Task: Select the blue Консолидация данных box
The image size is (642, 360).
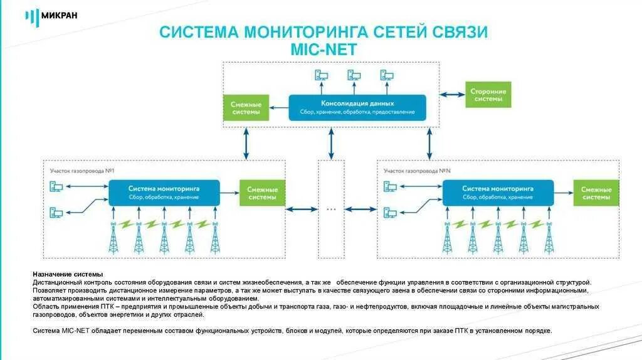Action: tap(357, 107)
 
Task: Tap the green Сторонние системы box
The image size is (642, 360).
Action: tap(488, 95)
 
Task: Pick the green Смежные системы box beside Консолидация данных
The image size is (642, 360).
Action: tap(246, 108)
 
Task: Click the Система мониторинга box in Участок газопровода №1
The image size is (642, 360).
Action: tap(164, 193)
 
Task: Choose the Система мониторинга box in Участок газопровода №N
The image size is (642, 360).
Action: tap(498, 193)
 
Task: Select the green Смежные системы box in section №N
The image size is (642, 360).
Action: tap(596, 193)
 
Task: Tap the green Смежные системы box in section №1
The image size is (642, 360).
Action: tap(262, 193)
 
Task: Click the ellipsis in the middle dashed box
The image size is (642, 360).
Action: tap(331, 209)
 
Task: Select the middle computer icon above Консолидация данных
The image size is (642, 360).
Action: tap(354, 76)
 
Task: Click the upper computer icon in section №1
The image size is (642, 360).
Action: tap(56, 186)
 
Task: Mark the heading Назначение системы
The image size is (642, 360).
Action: tap(68, 275)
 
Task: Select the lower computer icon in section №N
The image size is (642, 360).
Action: tap(390, 212)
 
